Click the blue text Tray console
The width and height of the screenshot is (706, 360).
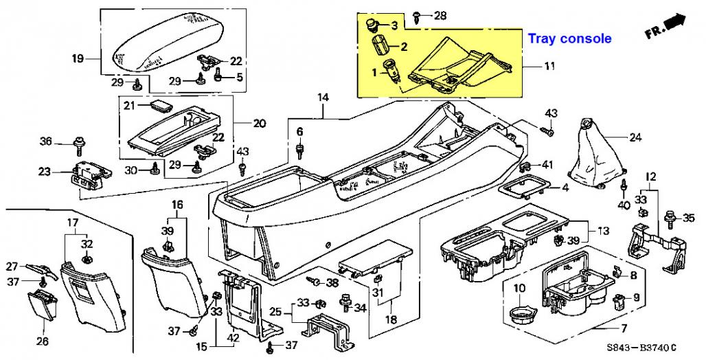click(569, 38)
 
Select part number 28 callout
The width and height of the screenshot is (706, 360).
click(440, 16)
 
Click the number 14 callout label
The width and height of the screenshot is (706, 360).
click(323, 97)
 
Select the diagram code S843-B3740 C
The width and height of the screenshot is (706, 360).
click(641, 348)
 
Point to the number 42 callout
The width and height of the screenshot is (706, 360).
click(232, 337)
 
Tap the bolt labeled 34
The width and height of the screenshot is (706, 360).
click(346, 302)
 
